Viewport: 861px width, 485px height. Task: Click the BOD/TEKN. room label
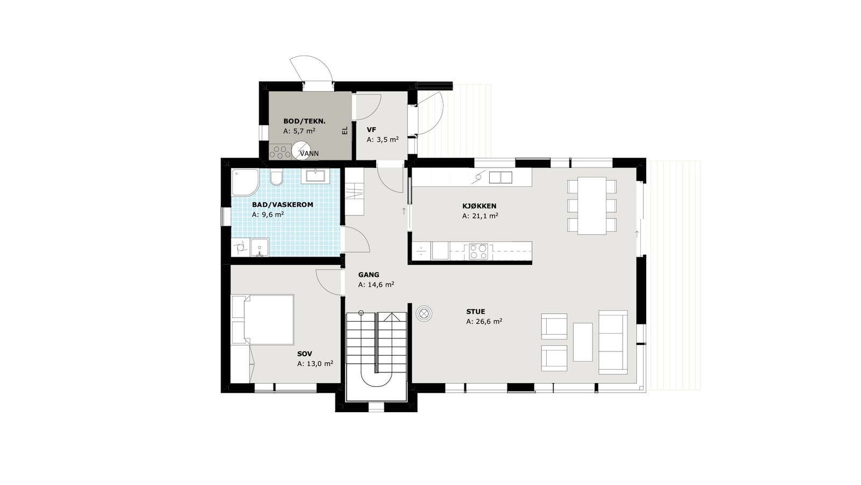pos(304,121)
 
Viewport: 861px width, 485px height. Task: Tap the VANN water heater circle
pos(302,150)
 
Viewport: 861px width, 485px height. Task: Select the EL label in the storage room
pos(345,130)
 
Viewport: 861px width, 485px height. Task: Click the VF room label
pos(371,130)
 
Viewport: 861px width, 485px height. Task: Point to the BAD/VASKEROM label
pos(283,205)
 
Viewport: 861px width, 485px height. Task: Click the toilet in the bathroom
pos(277,177)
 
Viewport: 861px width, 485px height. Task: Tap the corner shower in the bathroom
pos(244,182)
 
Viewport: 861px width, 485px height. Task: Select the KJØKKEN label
pos(479,206)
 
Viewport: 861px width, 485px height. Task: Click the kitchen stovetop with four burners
pos(478,251)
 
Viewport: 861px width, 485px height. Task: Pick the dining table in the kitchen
pos(592,205)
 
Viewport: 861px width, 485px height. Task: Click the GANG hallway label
pos(369,275)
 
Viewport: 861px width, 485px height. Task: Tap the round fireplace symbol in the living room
pos(424,314)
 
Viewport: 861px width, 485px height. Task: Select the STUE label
pos(476,311)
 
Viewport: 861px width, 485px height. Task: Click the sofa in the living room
pos(613,342)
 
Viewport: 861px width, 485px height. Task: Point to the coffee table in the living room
pos(583,342)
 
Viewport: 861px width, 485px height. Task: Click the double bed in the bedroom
pos(264,319)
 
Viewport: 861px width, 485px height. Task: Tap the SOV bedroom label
pos(305,354)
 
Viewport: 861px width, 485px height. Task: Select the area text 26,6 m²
pos(484,322)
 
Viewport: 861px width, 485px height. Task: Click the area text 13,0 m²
pos(315,364)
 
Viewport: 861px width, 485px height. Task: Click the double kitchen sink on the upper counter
pos(500,177)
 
